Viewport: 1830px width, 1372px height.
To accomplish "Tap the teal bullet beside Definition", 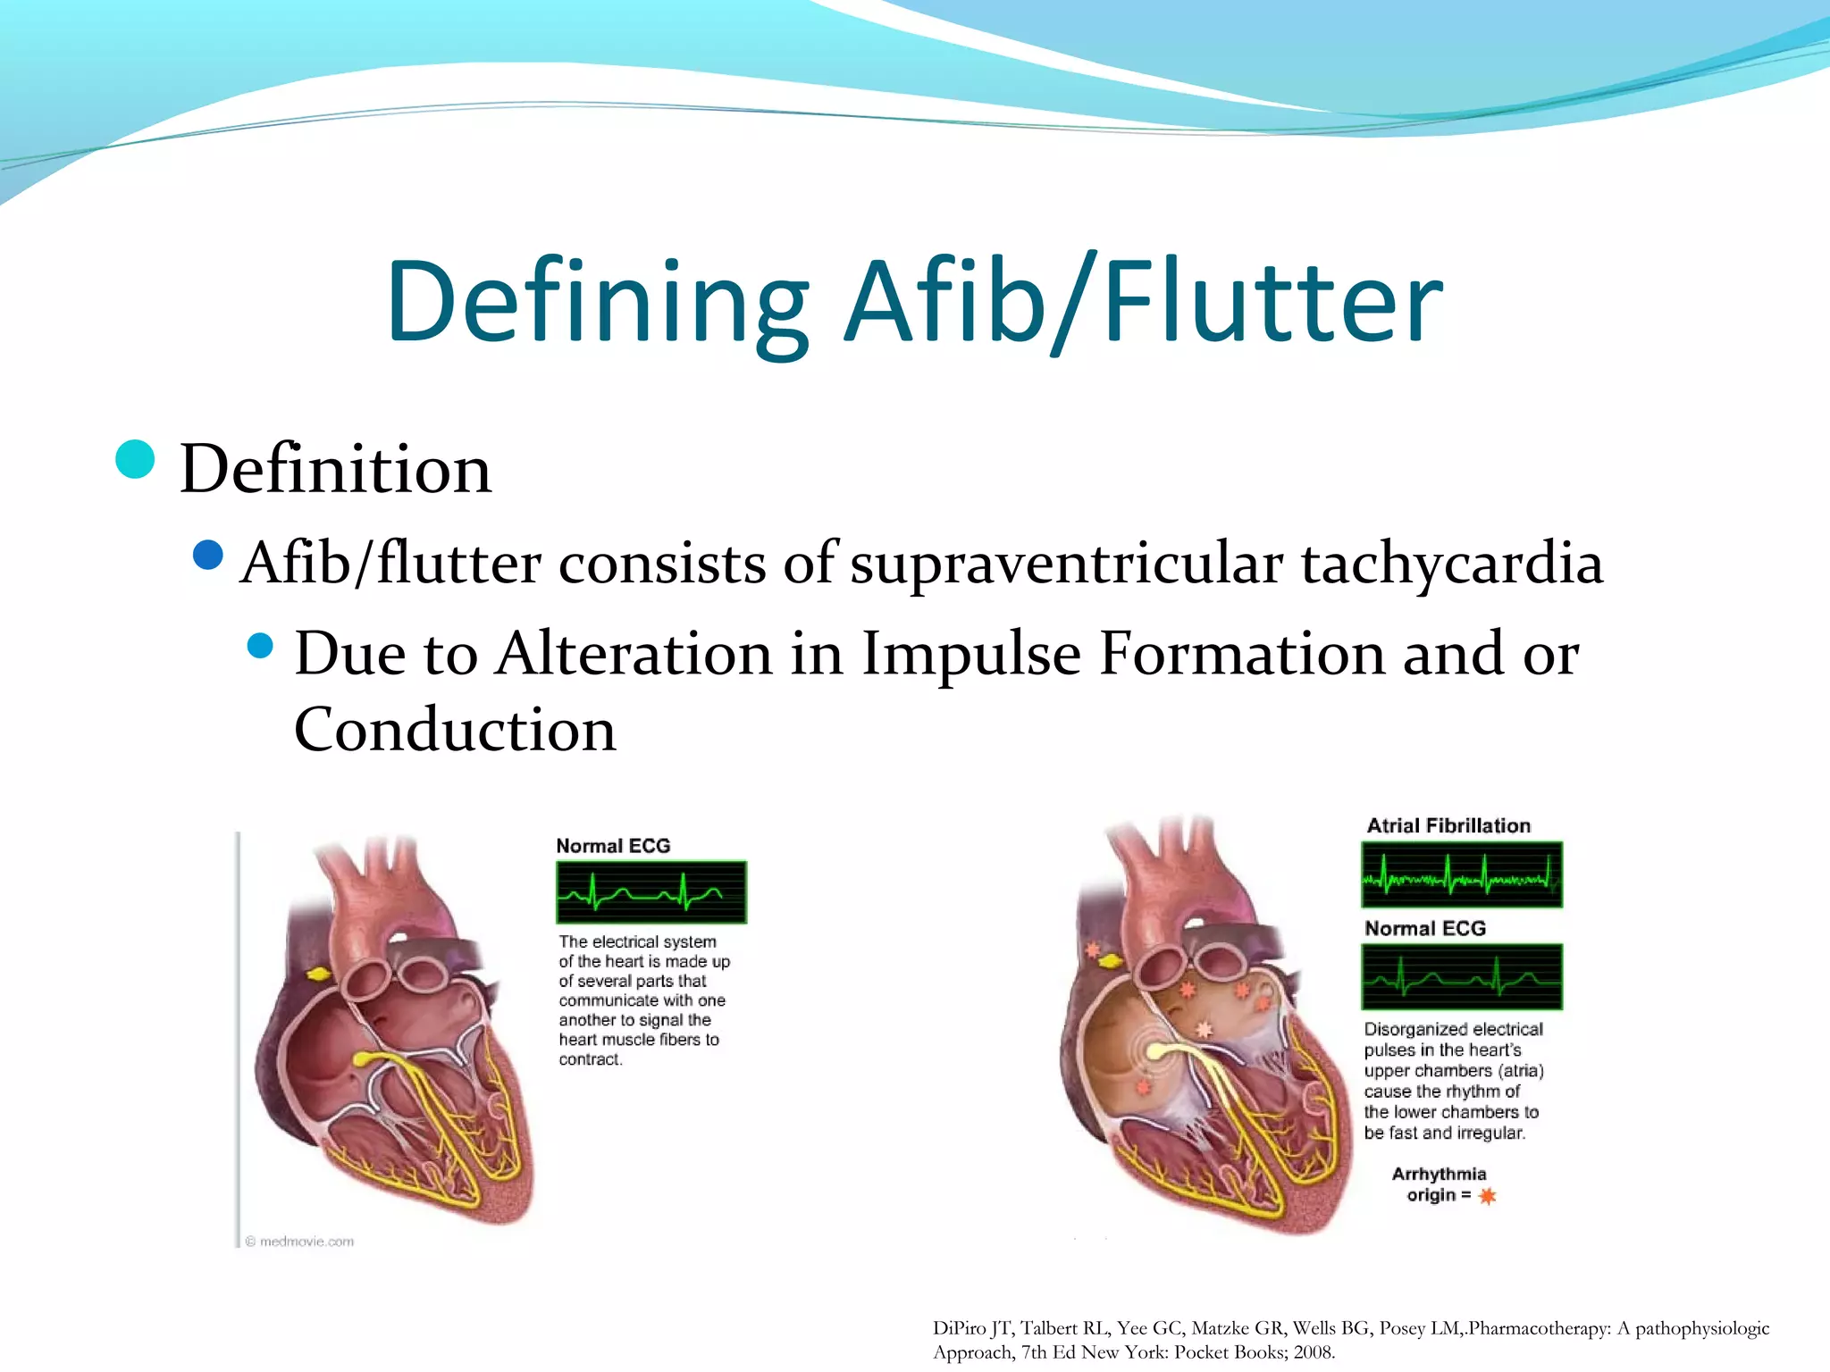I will tap(136, 460).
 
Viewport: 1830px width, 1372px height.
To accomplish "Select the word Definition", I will tap(335, 469).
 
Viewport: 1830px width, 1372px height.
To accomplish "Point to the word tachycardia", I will tap(1452, 564).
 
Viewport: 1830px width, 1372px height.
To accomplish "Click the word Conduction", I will tap(455, 730).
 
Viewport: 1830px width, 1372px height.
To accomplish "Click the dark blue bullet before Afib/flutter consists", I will tap(207, 556).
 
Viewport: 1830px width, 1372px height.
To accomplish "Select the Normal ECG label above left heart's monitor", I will tap(613, 846).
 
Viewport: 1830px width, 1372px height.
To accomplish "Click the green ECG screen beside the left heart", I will tap(651, 892).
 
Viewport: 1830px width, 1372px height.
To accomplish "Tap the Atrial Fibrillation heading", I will tap(1448, 825).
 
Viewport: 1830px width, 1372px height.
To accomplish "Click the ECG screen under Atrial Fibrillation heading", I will tap(1461, 874).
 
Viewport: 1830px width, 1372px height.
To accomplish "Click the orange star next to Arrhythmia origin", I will tap(1487, 1196).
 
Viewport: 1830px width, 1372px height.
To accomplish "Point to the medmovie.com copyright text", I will tap(300, 1242).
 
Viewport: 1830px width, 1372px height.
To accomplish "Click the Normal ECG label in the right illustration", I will tap(1425, 929).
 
